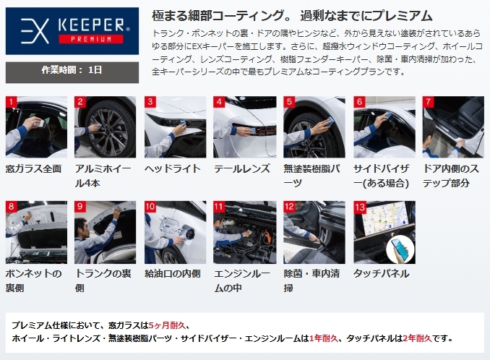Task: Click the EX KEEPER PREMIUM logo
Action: pyautogui.click(x=72, y=31)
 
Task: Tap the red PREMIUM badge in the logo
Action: pyautogui.click(x=91, y=39)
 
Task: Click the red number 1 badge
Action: pyautogui.click(x=12, y=102)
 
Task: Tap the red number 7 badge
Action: pyautogui.click(x=428, y=102)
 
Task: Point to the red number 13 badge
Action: pyautogui.click(x=360, y=207)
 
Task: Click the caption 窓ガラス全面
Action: pyautogui.click(x=33, y=169)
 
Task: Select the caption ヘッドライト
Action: pyautogui.click(x=173, y=168)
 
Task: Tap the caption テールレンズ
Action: pyautogui.click(x=242, y=168)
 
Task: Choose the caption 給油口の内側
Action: pyautogui.click(x=173, y=274)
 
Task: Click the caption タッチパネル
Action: pyautogui.click(x=382, y=274)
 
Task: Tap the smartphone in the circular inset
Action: pyautogui.click(x=400, y=249)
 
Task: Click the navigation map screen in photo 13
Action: pyautogui.click(x=384, y=218)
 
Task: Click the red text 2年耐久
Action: pyautogui.click(x=417, y=338)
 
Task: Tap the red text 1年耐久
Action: pyautogui.click(x=324, y=338)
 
